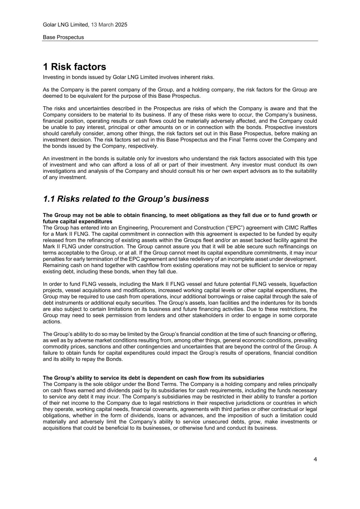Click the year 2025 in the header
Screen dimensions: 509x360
pos(121,25)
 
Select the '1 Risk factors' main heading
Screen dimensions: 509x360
pos(74,67)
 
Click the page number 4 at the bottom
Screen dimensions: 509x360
pos(315,459)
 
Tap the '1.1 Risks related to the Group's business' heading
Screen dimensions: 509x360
pos(126,199)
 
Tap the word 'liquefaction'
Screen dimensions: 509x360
pos(302,284)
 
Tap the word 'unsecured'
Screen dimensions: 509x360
pos(233,422)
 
